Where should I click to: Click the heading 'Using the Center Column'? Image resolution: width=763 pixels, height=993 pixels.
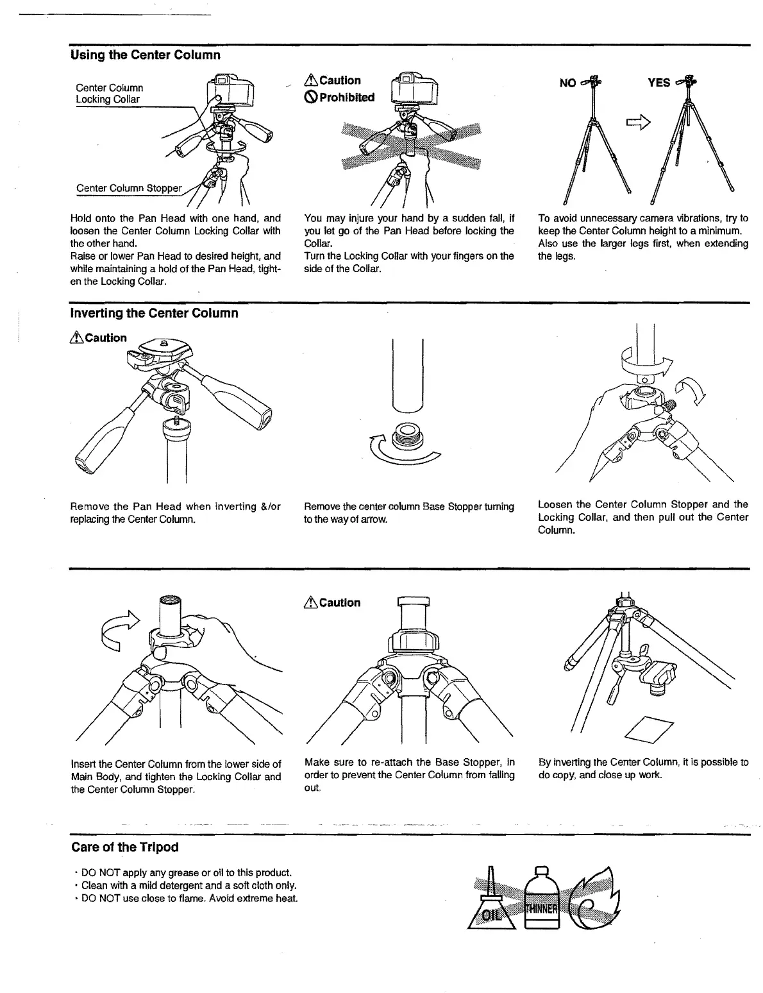[145, 55]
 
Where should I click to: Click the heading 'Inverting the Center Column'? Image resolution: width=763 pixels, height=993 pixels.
[154, 313]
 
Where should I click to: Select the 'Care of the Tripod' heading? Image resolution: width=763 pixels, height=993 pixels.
[124, 847]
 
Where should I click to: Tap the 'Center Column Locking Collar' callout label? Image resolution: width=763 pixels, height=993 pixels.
[110, 93]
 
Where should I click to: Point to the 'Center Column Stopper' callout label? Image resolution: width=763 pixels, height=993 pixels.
[129, 188]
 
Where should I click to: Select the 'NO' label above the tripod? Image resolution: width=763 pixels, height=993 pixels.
[567, 83]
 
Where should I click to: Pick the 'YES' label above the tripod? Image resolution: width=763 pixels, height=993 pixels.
[658, 83]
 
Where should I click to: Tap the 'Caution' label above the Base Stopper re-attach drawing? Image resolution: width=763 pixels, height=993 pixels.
[333, 602]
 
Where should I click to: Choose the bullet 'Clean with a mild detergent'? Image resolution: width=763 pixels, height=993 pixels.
[183, 885]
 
